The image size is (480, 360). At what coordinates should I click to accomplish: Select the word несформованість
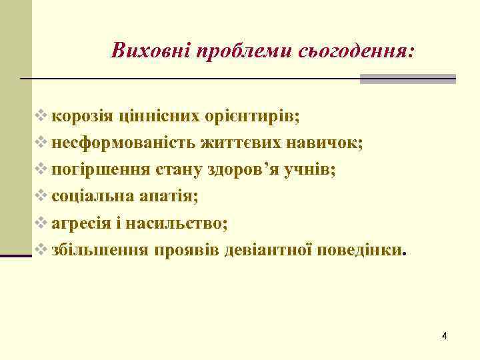pyautogui.click(x=120, y=142)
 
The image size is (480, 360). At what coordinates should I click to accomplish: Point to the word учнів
pyautogui.click(x=312, y=169)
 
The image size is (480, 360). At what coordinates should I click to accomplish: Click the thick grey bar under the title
pyautogui.click(x=407, y=79)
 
